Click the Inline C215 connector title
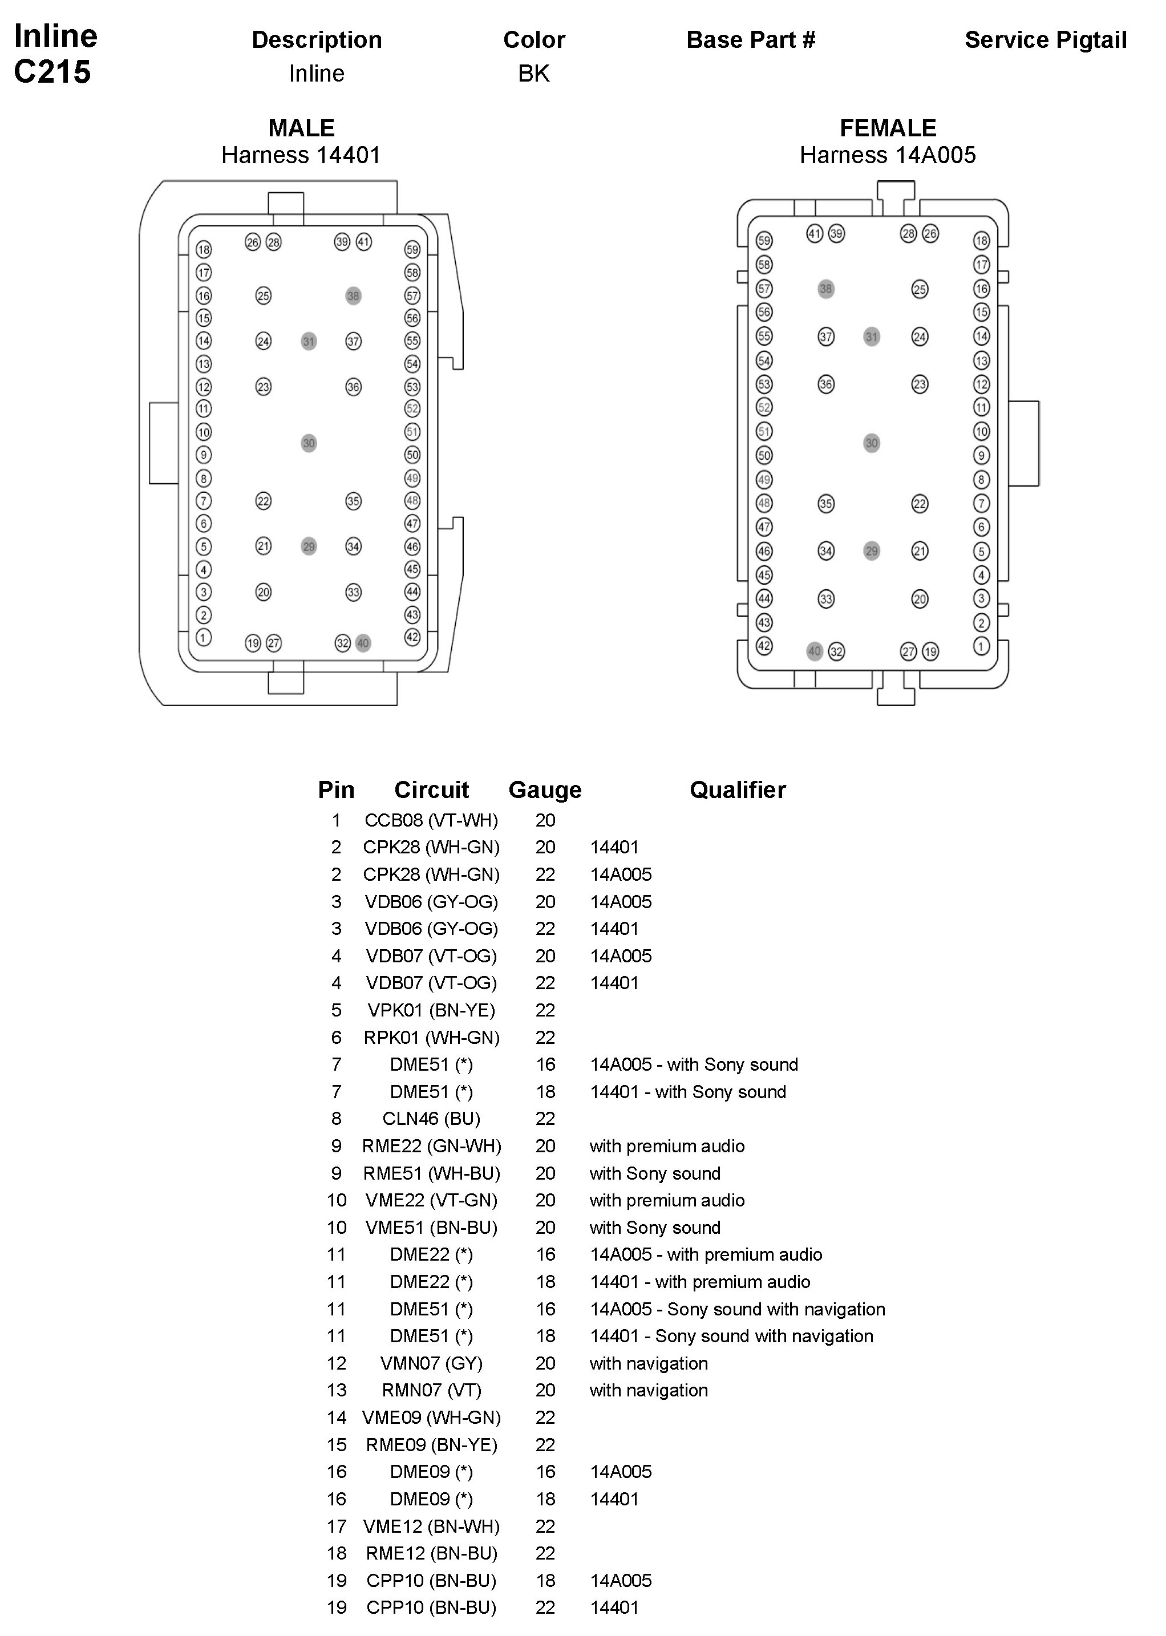pyautogui.click(x=55, y=54)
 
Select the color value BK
pyautogui.click(x=533, y=73)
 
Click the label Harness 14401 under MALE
pyautogui.click(x=301, y=155)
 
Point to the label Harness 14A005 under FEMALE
pyautogui.click(x=888, y=155)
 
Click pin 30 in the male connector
pyautogui.click(x=309, y=443)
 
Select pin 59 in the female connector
pyautogui.click(x=764, y=241)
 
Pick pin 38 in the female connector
pyautogui.click(x=825, y=289)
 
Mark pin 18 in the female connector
pyautogui.click(x=982, y=241)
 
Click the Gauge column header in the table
pyautogui.click(x=545, y=789)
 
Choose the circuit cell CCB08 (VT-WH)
pyautogui.click(x=431, y=820)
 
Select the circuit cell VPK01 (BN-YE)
pyautogui.click(x=431, y=1010)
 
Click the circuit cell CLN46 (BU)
pyautogui.click(x=431, y=1119)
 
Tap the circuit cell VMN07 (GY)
pyautogui.click(x=431, y=1363)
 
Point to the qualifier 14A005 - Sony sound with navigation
pyautogui.click(x=738, y=1309)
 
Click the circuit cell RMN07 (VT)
pyautogui.click(x=431, y=1391)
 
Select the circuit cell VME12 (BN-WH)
pyautogui.click(x=431, y=1526)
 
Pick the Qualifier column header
pyautogui.click(x=738, y=789)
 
